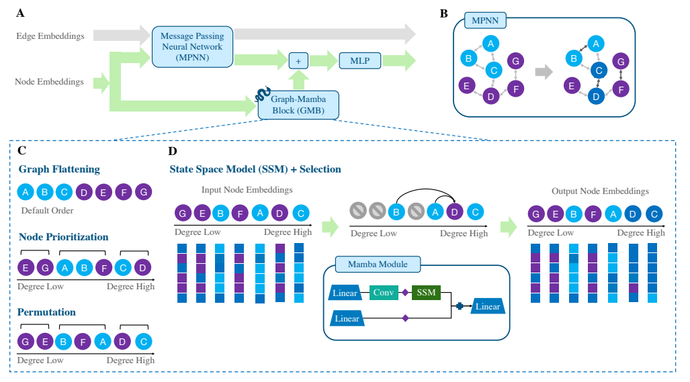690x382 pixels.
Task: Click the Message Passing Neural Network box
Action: click(x=192, y=46)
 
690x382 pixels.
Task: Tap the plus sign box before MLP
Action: click(x=298, y=61)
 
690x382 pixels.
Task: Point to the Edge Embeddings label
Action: click(x=51, y=36)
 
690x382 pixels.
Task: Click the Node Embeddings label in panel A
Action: click(x=49, y=82)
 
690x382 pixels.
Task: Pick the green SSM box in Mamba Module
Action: click(x=426, y=292)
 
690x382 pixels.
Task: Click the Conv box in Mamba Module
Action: click(x=384, y=292)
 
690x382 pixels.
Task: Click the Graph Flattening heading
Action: click(x=59, y=169)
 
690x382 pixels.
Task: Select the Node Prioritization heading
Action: click(x=63, y=237)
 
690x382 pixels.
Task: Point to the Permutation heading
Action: click(x=47, y=312)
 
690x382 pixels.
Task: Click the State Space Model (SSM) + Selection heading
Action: click(x=255, y=169)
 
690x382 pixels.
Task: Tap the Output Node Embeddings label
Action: click(x=600, y=191)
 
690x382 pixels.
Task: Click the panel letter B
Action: click(x=443, y=13)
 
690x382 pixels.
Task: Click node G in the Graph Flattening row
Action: click(x=144, y=192)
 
